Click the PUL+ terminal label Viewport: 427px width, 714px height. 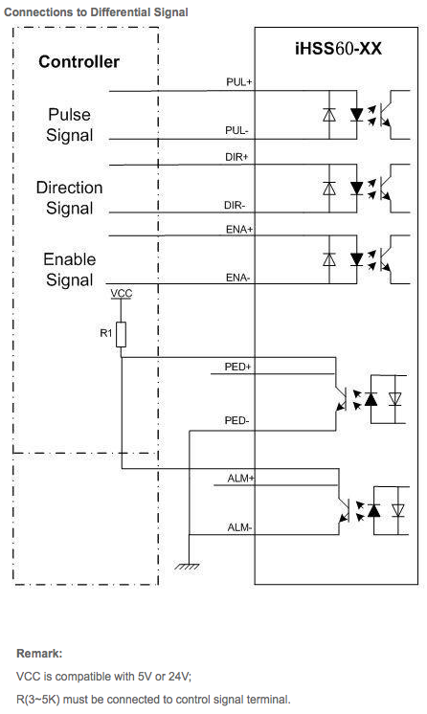pyautogui.click(x=238, y=82)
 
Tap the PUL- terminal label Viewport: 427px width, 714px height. pyautogui.click(x=236, y=131)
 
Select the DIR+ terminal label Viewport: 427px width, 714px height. pyautogui.click(x=236, y=157)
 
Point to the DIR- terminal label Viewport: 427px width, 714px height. pyautogui.click(x=235, y=206)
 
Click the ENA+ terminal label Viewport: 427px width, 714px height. pyautogui.click(x=238, y=230)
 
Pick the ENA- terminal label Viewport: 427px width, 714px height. pyautogui.click(x=237, y=278)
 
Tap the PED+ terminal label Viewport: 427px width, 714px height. pyautogui.click(x=237, y=367)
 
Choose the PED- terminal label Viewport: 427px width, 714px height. pyautogui.click(x=236, y=420)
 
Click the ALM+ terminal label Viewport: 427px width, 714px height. pyautogui.click(x=240, y=479)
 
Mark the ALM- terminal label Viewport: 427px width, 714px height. pyautogui.click(x=239, y=527)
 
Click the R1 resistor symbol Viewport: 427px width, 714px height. pyautogui.click(x=121, y=335)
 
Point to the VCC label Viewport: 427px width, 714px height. pyautogui.click(x=122, y=293)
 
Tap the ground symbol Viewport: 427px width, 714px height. pyautogui.click(x=187, y=567)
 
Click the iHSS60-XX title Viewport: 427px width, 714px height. pyautogui.click(x=338, y=49)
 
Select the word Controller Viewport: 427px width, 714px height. pyautogui.click(x=79, y=62)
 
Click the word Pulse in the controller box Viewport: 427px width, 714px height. pyautogui.click(x=69, y=115)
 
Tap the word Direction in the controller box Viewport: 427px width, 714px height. pyautogui.click(x=69, y=188)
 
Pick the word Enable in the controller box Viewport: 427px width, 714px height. pyautogui.click(x=70, y=259)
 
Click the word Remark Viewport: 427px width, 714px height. pyautogui.click(x=39, y=654)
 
